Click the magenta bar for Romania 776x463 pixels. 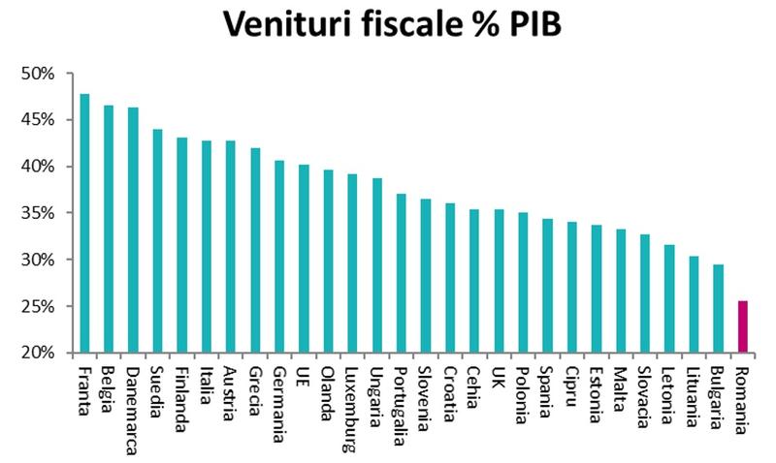742,326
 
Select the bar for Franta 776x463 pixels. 84,223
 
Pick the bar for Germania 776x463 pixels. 279,256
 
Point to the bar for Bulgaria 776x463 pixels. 718,308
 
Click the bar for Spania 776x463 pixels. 547,286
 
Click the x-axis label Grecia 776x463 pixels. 254,388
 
